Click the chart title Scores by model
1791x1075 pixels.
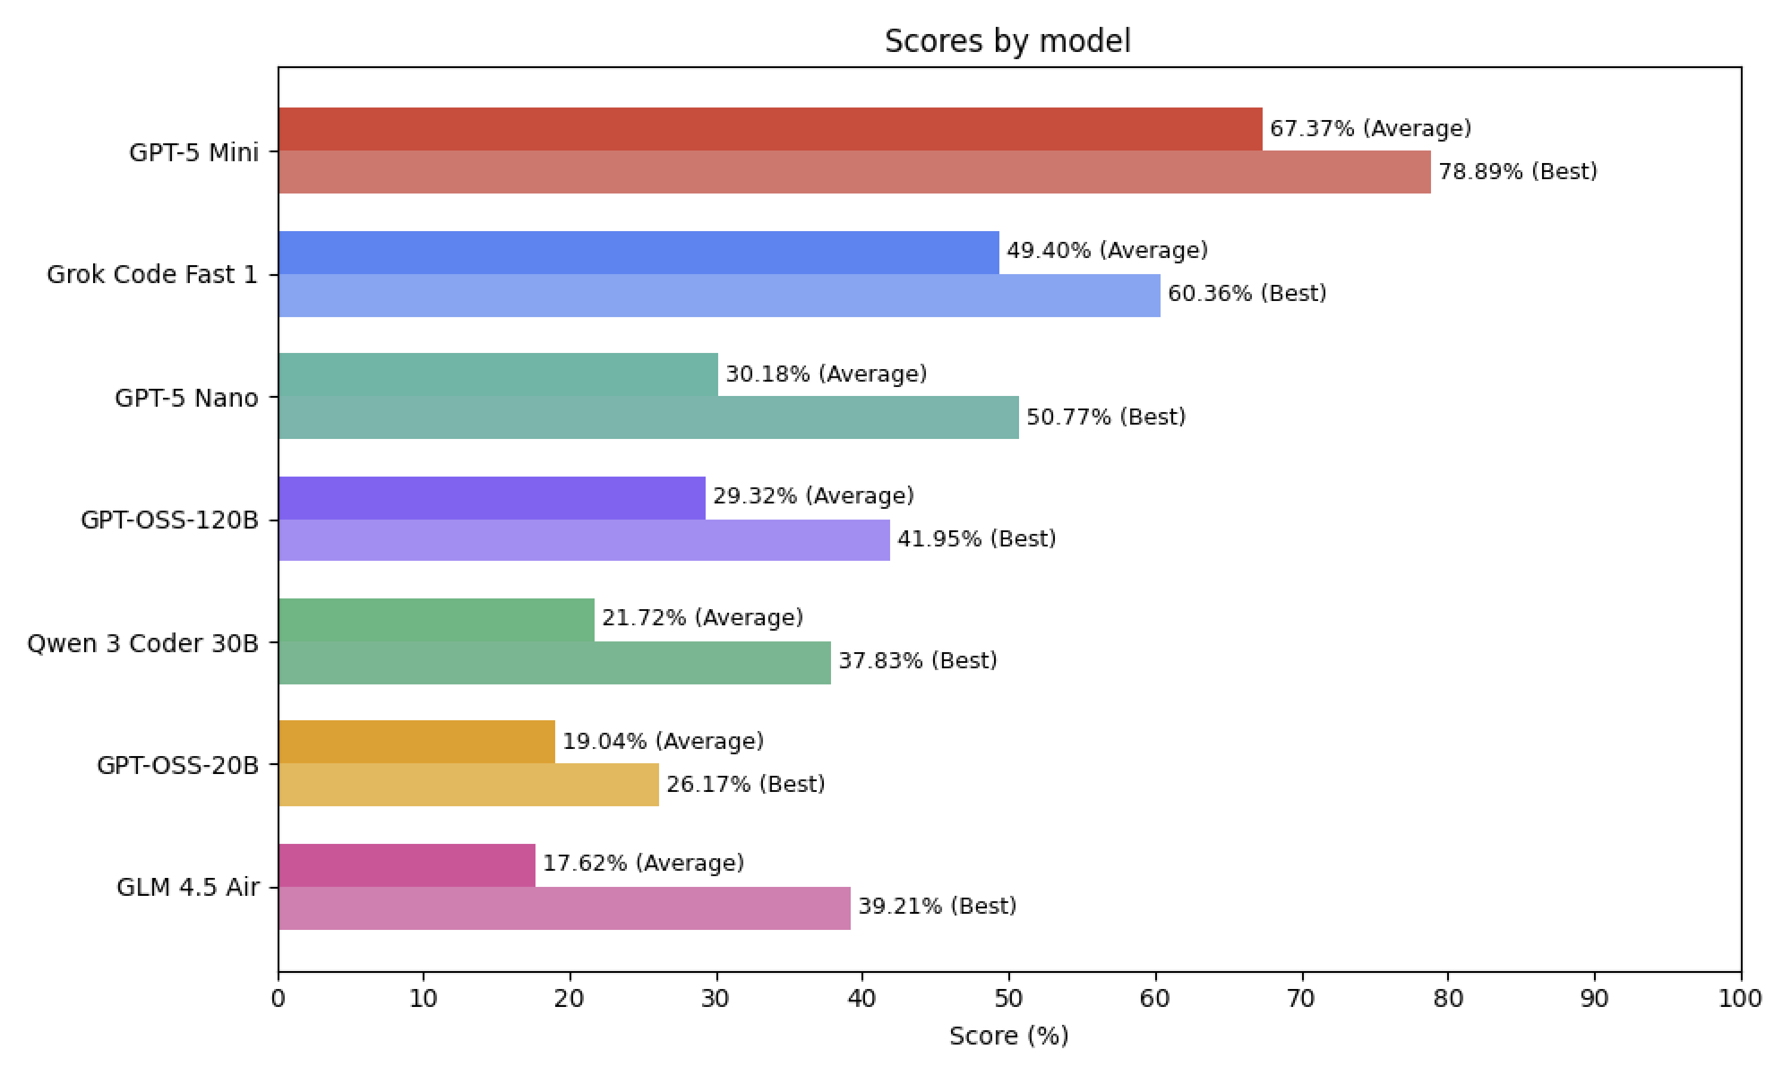pos(1007,41)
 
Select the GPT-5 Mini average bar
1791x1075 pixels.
pos(770,129)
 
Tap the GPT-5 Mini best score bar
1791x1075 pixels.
pos(854,172)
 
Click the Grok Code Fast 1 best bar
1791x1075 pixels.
pos(719,296)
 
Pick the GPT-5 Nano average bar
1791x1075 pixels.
pos(498,374)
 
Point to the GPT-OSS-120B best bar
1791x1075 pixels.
pos(584,540)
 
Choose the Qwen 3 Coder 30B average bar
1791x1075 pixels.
pos(436,620)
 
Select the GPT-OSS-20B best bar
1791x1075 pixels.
pos(468,785)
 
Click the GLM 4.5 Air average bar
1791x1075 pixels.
pos(407,865)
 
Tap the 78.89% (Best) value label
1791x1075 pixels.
pos(1518,172)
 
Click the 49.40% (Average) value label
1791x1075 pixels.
pos(1107,251)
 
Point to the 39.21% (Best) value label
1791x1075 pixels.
pos(938,907)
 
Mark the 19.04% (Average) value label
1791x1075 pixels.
pos(663,742)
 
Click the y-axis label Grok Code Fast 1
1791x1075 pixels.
pos(152,274)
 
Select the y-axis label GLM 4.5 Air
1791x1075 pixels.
pos(188,887)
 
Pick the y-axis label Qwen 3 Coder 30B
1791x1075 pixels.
pos(143,643)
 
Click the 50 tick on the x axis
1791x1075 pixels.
pos(1009,999)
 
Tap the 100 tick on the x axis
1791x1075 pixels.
pos(1740,999)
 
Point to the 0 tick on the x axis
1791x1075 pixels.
pos(279,999)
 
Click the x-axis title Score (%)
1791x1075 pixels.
pos(1008,1036)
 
